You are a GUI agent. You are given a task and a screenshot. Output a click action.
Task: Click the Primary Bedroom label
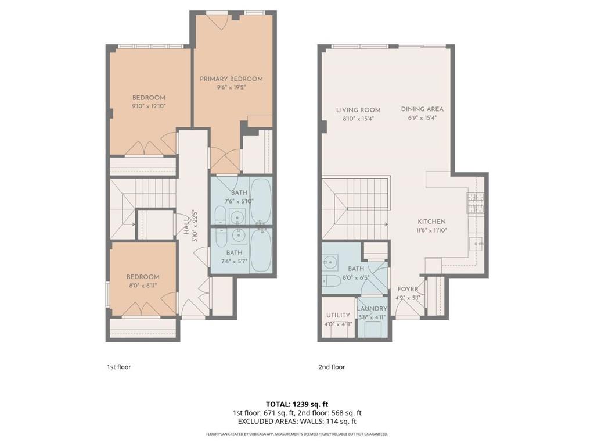point(231,79)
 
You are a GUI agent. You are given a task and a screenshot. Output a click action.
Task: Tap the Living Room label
point(358,110)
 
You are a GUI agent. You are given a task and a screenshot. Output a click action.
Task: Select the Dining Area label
point(422,109)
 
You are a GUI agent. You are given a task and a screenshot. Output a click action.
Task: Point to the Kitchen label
point(431,222)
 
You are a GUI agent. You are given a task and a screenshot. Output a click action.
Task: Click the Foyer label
point(408,289)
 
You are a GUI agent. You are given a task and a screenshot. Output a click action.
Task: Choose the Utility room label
point(337,315)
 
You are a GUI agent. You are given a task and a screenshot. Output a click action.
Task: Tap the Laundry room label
point(372,309)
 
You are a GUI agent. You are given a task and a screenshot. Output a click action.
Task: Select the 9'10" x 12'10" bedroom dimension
point(149,106)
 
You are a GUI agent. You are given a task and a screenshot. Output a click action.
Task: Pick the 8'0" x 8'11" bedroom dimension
point(143,286)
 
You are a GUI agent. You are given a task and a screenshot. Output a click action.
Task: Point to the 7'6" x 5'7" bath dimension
point(234,262)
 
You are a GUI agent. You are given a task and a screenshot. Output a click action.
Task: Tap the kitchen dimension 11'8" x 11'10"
point(431,230)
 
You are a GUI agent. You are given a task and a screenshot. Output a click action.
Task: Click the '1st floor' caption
point(118,367)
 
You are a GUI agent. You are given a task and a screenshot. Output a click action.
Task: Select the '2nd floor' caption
point(331,367)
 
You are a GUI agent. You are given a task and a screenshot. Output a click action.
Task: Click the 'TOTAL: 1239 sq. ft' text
point(297,404)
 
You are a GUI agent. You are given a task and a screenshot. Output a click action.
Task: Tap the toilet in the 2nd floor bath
point(333,281)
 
